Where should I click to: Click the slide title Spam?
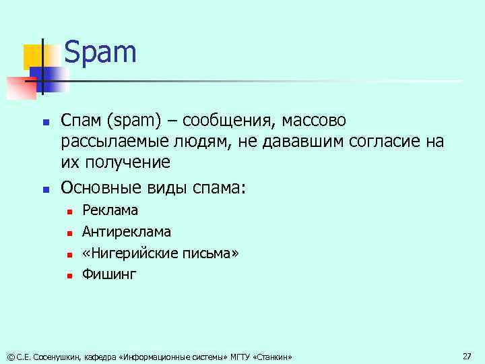point(100,53)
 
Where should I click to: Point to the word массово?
point(313,122)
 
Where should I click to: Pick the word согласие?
point(387,142)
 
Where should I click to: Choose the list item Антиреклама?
point(126,232)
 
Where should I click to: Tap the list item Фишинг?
point(109,274)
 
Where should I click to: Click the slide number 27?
point(467,355)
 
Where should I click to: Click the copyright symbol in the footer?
point(9,357)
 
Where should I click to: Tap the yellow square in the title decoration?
point(34,57)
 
